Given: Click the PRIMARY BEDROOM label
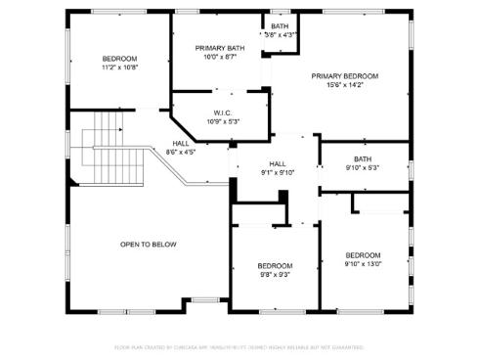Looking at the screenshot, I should click(x=345, y=75).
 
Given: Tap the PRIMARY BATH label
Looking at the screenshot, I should click(x=220, y=48).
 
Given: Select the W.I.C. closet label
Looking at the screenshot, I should click(x=222, y=112).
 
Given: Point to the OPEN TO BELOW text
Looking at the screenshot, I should click(x=149, y=245).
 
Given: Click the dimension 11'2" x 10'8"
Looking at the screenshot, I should click(x=119, y=67).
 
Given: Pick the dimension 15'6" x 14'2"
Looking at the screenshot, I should click(x=345, y=85).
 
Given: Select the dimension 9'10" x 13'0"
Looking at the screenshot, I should click(x=363, y=264).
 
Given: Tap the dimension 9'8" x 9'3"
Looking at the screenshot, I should click(x=275, y=275).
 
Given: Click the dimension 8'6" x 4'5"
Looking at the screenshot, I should click(x=181, y=152).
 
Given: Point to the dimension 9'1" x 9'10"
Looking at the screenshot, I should click(x=278, y=173).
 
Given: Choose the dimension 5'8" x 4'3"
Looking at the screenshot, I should click(x=281, y=35).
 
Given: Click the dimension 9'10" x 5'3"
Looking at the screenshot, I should click(x=363, y=167).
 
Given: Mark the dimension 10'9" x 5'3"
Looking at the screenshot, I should click(x=222, y=121).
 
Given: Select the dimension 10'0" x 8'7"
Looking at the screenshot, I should click(x=220, y=58).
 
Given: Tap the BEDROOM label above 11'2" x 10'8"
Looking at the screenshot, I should click(x=119, y=59).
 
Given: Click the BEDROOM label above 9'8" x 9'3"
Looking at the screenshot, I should click(x=275, y=266).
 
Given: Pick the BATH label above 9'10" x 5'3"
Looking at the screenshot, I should click(x=363, y=158).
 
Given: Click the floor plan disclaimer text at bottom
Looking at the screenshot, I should click(x=239, y=347).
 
